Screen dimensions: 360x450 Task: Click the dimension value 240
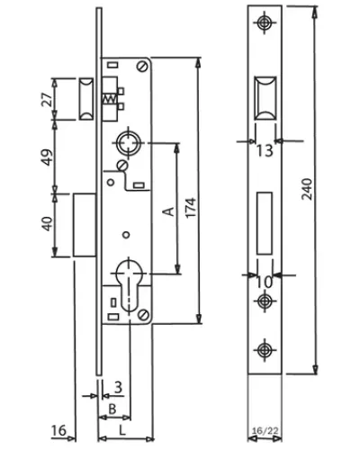point(307,189)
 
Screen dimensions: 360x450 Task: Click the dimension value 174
point(191,207)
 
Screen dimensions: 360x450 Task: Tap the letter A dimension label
point(168,211)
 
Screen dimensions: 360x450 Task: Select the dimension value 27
point(47,99)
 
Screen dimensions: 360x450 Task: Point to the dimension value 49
point(47,157)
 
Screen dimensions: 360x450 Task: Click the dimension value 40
point(48,224)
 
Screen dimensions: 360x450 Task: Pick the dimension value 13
point(265,151)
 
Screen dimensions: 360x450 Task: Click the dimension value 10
point(265,282)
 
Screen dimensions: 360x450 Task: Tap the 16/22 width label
point(265,431)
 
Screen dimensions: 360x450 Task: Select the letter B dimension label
point(112,409)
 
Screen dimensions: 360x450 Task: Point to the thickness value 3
point(119,387)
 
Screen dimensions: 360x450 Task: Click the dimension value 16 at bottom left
point(58,431)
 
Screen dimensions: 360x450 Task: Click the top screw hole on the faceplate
point(265,22)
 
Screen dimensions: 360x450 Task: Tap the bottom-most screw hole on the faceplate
point(265,350)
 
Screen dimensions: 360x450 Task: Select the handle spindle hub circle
point(129,143)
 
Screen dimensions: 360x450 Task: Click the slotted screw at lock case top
point(142,67)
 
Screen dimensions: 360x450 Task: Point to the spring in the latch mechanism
point(109,99)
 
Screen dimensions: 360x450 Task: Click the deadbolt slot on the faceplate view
point(265,223)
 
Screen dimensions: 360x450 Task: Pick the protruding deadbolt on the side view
point(85,225)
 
